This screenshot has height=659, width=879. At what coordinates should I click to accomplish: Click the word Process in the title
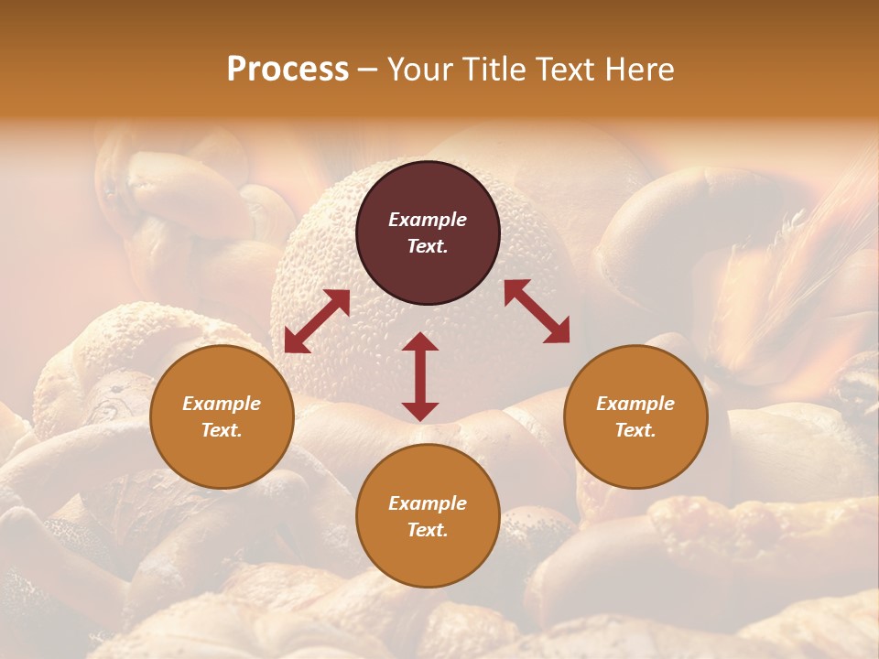(x=288, y=70)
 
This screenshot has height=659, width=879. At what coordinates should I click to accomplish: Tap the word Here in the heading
(x=640, y=70)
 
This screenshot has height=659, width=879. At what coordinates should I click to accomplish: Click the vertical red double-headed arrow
(x=420, y=376)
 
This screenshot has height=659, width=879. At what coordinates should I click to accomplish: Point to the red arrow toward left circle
(x=317, y=321)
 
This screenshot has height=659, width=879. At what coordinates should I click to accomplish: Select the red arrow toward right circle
(x=537, y=311)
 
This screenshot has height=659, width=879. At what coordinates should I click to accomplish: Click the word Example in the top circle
(x=428, y=220)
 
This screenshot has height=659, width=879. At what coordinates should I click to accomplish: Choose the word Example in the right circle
(x=635, y=404)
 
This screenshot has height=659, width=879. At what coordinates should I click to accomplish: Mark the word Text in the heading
(x=569, y=70)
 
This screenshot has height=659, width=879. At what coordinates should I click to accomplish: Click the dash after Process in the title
(x=368, y=70)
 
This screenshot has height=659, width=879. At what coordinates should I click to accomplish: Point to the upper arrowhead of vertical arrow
(x=420, y=342)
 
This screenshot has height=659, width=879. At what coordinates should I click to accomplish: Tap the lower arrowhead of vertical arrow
(x=420, y=411)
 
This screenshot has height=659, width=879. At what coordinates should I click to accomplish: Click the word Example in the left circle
(x=222, y=404)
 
